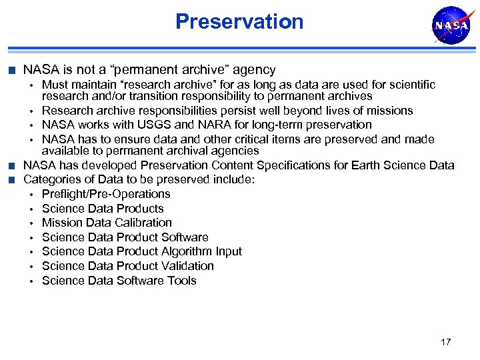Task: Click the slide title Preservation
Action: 239,21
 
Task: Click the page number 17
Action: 445,342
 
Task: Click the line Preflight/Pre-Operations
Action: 106,194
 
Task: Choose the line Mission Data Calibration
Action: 107,223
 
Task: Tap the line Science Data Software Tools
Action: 119,281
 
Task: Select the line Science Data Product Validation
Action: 127,266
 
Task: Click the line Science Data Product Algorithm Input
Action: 141,251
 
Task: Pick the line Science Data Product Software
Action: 125,237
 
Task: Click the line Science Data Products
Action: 102,209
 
